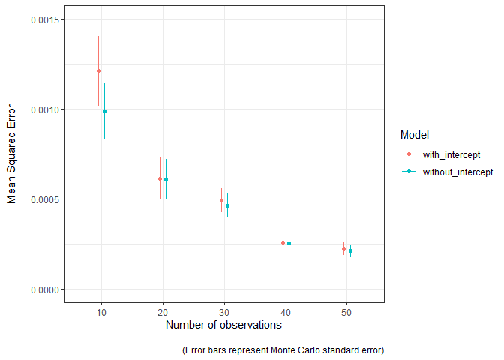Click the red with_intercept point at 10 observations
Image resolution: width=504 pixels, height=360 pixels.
tap(98, 71)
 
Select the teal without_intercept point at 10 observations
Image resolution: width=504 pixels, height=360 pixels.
tap(104, 112)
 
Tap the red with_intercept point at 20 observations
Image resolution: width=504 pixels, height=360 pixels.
tap(160, 178)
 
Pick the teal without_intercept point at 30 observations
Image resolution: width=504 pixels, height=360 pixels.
tap(227, 205)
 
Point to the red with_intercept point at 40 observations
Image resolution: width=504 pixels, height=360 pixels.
tap(283, 242)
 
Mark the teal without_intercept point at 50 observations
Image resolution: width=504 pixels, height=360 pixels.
tap(350, 251)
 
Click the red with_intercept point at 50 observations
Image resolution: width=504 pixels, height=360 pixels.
tap(344, 248)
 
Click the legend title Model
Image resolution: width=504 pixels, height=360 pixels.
tap(414, 136)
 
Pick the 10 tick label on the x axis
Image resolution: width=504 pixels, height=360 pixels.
tap(101, 311)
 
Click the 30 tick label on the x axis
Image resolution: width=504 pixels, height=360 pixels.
tap(224, 311)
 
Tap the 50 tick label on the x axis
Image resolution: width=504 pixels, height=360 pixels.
tap(347, 311)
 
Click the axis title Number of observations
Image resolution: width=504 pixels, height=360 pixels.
tap(223, 325)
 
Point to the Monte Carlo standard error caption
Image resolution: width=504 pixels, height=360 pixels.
tap(283, 350)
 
